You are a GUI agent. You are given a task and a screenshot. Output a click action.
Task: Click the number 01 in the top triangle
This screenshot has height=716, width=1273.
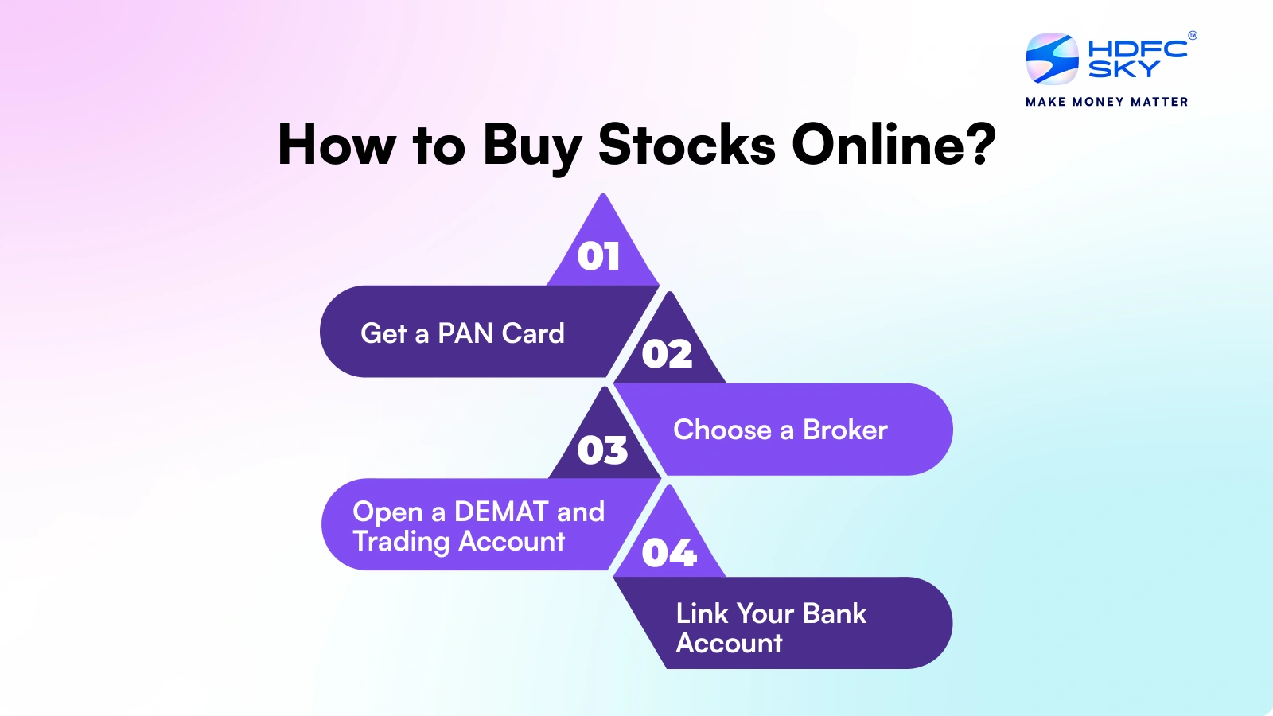coord(598,256)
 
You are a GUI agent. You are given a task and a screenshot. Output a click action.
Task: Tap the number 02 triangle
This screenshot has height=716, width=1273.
coord(667,354)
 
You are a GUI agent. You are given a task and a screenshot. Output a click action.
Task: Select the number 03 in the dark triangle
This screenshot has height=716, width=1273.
coord(602,450)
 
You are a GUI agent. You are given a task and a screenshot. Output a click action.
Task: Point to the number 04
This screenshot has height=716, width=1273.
coord(668,553)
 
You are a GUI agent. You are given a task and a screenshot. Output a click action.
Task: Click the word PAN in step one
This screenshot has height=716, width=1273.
coord(465,333)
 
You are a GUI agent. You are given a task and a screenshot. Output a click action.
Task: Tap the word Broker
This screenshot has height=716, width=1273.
coord(845,430)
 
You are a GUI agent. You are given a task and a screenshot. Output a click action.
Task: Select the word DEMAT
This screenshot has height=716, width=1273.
coord(501,512)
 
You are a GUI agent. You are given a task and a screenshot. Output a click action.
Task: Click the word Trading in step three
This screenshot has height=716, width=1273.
coord(402,542)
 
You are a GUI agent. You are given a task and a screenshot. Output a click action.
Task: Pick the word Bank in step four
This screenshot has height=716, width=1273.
coord(834,613)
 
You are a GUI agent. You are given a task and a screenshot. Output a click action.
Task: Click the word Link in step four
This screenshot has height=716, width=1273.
coord(702,613)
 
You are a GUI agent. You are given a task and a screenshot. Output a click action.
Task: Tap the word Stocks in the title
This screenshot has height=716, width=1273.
coord(686,146)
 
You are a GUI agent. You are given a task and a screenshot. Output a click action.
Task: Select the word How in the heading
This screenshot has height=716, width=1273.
coord(337,146)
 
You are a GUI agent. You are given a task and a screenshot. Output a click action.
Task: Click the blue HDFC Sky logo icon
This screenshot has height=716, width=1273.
coord(1052,59)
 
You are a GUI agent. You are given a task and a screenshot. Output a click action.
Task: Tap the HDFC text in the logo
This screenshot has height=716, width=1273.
coord(1137,49)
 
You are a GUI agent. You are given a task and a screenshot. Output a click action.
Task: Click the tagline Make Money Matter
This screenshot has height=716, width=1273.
coord(1107,102)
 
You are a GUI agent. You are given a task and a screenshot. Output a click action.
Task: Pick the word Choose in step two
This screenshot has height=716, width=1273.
coord(722,430)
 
